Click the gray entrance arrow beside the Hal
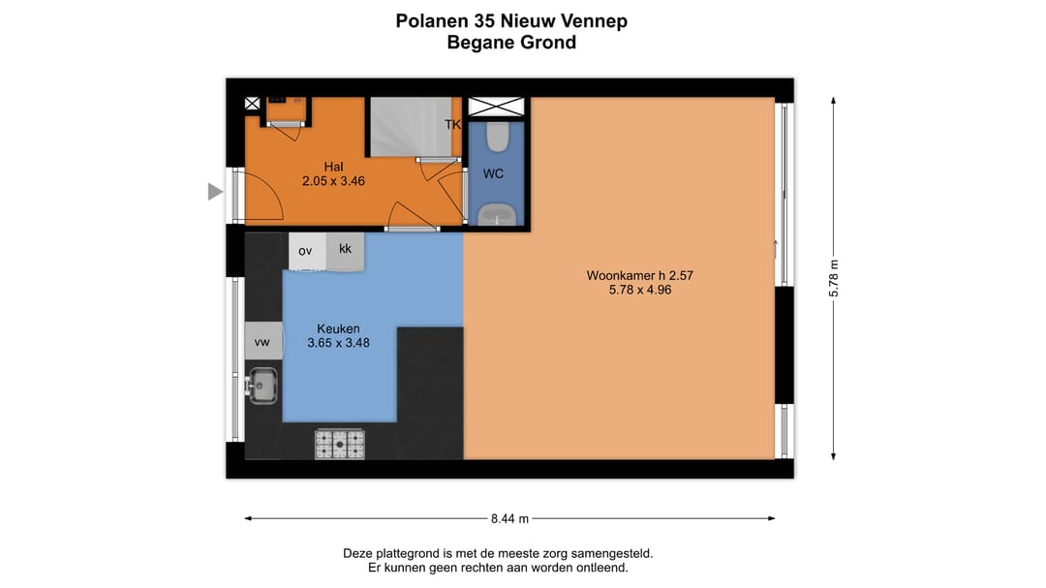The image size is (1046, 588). point(215,193)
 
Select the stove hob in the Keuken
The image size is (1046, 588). point(340,444)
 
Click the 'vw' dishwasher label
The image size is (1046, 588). point(261,342)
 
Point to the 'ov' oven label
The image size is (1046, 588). point(305,251)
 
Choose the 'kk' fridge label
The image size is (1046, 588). point(345,249)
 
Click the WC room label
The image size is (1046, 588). point(493,174)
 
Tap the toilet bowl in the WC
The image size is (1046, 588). point(498,138)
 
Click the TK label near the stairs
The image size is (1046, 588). point(452,125)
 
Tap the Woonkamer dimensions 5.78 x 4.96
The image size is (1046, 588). point(639,290)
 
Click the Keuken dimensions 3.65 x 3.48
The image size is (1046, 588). point(338,342)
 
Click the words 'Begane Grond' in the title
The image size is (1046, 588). point(511,43)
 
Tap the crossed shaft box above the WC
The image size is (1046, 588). point(496,107)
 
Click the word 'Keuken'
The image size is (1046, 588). point(338,328)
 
